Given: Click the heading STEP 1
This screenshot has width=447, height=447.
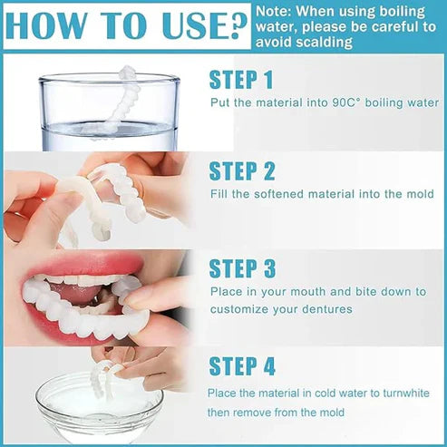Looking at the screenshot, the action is (x=241, y=80).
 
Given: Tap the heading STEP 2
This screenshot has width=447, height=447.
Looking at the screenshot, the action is (x=242, y=171).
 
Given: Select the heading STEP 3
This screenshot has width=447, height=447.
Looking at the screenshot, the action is (x=242, y=268).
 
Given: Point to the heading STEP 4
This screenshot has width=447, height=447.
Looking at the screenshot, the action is (x=242, y=366).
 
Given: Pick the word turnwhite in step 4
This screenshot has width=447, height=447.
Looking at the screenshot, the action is (x=406, y=394).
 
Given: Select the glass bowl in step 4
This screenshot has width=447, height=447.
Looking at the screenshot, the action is (x=100, y=406).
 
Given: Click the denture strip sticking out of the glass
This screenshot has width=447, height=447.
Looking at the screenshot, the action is (x=125, y=97).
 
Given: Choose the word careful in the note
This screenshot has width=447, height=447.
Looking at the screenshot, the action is (x=395, y=27).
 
